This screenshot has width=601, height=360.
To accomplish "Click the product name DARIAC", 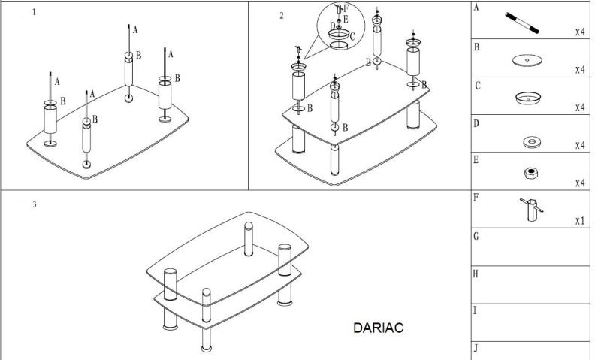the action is tap(378, 328).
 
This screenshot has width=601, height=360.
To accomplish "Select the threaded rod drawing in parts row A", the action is tap(521, 23).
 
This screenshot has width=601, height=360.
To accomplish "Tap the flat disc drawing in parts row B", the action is tap(527, 61).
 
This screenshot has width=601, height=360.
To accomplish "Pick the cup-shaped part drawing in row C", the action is tap(528, 98).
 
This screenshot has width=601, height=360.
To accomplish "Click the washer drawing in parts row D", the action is tap(532, 142).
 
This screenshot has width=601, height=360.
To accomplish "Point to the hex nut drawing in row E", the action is tap(531, 174).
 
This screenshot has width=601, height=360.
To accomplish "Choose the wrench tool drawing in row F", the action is tap(531, 210).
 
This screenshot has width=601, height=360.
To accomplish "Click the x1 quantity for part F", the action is tap(580, 221).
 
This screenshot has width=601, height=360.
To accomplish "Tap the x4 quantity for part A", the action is tap(580, 32).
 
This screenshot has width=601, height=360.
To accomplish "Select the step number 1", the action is tap(34, 12).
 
